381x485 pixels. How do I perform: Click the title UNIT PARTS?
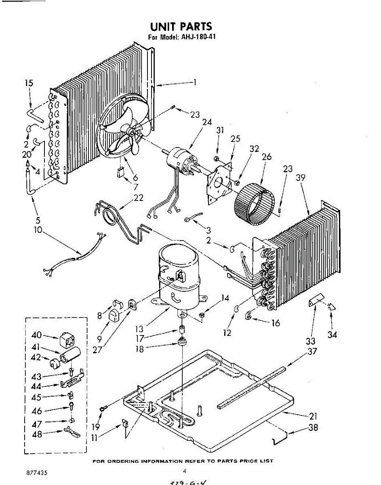(x=181, y=27)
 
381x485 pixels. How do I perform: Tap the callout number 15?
(x=29, y=83)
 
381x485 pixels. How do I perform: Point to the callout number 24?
(x=207, y=122)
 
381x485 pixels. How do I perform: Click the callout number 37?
(x=312, y=351)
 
